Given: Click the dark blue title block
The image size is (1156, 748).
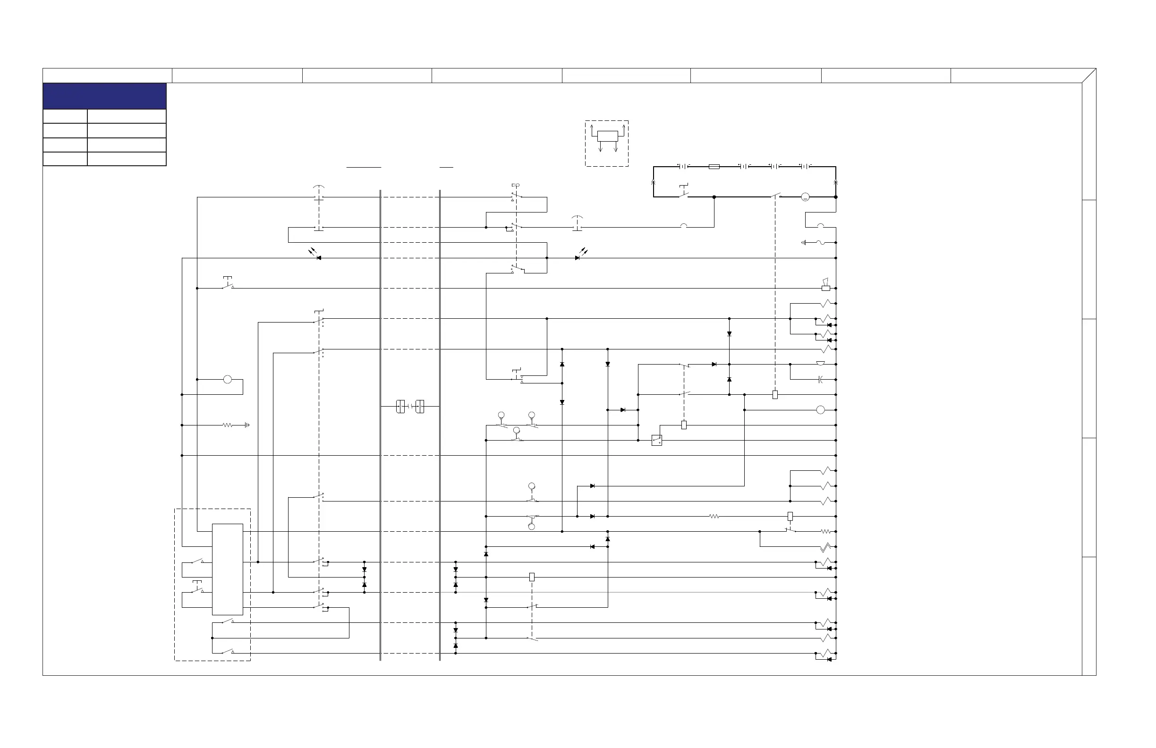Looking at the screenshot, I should (x=104, y=96).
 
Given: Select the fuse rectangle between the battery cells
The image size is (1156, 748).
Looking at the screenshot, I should (x=714, y=167).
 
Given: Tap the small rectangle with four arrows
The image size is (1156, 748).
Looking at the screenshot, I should (x=607, y=136).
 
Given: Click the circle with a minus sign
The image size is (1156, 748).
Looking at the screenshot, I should (x=805, y=197).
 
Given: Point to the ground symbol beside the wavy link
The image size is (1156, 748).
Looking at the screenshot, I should (x=804, y=242).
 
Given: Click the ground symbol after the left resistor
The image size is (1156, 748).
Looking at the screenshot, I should (x=247, y=425).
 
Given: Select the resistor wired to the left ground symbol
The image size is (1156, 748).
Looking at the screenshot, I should (x=227, y=425).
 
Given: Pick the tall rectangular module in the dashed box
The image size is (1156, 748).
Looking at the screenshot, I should (x=227, y=569).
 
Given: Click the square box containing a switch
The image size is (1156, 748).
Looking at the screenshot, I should (x=656, y=440).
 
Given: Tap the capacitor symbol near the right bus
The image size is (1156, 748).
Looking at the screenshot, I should (x=820, y=379).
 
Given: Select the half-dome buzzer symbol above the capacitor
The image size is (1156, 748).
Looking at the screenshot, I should (x=820, y=363).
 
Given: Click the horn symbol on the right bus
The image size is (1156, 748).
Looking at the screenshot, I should (x=825, y=286).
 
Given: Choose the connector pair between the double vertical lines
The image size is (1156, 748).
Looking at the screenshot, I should (x=410, y=406).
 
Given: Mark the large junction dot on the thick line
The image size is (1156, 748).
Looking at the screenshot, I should (x=714, y=197).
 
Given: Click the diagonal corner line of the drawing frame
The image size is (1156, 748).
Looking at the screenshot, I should (x=1089, y=76).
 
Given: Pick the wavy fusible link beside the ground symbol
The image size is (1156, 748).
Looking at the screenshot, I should (x=821, y=242).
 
